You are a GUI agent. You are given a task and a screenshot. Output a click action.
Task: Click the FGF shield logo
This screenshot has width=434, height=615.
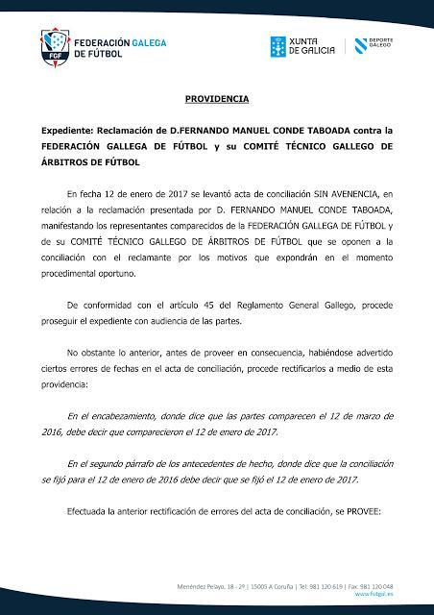pos(55,46)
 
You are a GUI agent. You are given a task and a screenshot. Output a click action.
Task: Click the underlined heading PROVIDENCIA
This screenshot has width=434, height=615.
pos(217,99)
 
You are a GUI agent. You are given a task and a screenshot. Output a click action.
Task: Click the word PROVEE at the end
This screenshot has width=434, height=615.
pos(359,510)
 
